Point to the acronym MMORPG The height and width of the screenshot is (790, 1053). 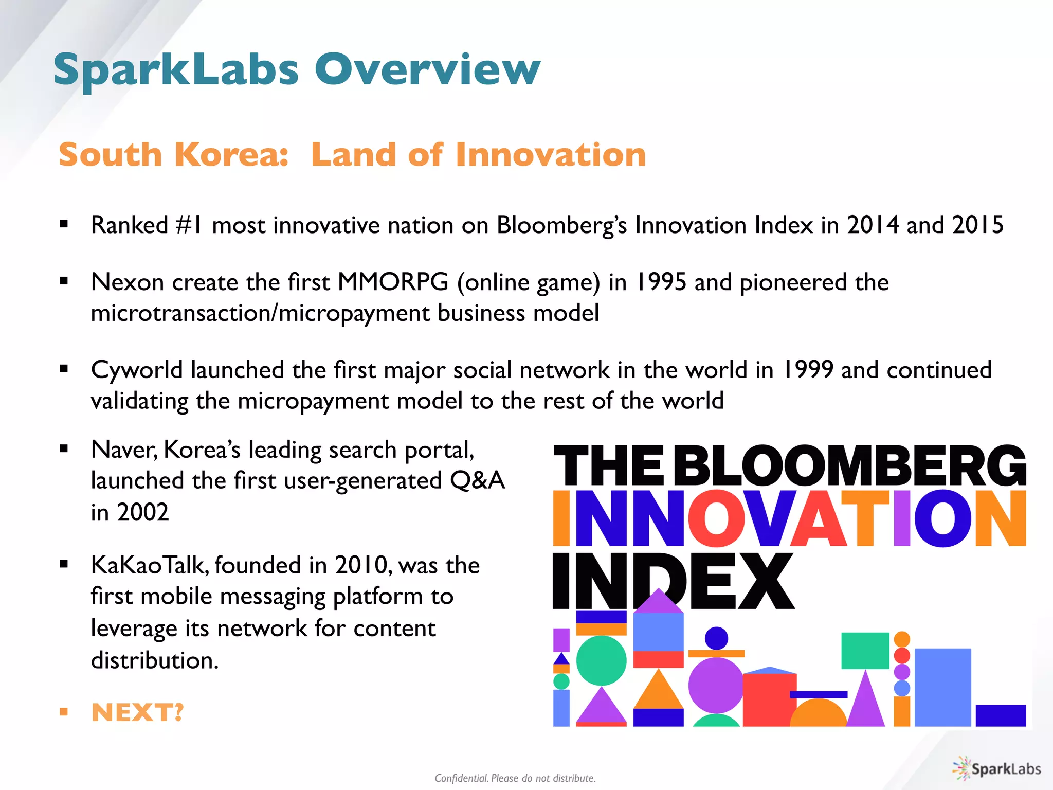[393, 282]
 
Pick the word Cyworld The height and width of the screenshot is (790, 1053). [137, 370]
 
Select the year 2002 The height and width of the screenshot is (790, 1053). [143, 512]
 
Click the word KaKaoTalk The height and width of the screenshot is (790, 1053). [150, 565]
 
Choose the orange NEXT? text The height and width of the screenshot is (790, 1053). [137, 712]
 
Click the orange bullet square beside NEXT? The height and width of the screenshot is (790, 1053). [64, 712]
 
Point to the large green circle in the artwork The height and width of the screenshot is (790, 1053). [601, 661]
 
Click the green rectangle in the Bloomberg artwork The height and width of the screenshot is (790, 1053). [865, 651]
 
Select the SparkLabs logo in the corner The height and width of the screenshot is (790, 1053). [997, 769]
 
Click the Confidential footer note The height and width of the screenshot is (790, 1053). [515, 778]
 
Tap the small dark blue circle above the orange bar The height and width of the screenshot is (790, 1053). [716, 638]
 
